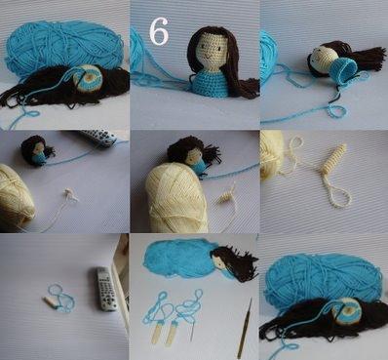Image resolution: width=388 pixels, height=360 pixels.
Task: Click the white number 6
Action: click(159, 31)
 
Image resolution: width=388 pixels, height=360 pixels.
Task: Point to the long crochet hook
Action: click(245, 328)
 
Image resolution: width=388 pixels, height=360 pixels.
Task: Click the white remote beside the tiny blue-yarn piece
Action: click(107, 289)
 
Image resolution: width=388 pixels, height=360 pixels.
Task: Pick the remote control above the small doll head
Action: click(99, 138)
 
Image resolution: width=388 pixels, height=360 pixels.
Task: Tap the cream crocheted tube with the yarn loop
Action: click(334, 158)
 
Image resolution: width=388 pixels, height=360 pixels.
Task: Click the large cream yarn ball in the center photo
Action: click(177, 197)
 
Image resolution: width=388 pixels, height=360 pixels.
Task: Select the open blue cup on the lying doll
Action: click(343, 70)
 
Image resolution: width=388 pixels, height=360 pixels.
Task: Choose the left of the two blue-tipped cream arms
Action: click(157, 331)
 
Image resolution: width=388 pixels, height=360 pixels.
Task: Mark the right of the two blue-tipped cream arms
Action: click(173, 333)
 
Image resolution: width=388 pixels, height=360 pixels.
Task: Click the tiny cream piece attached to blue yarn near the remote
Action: click(51, 301)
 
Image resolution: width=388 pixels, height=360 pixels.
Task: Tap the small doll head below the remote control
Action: click(37, 150)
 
